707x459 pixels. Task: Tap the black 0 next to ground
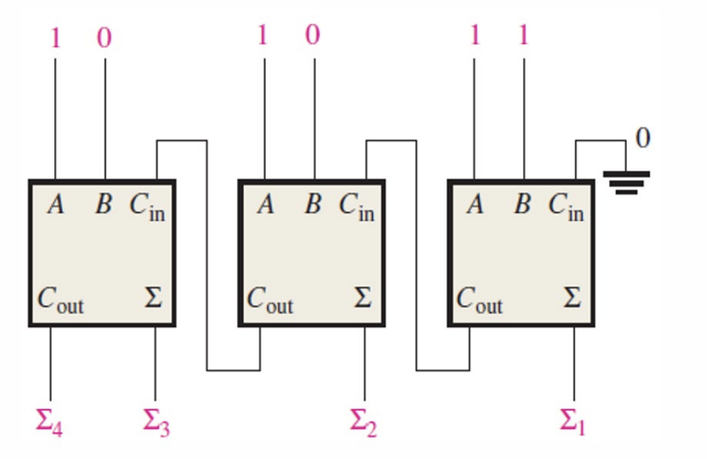click(x=642, y=138)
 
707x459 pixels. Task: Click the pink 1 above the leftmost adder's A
click(x=55, y=37)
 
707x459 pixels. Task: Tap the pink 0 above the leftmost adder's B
click(x=105, y=37)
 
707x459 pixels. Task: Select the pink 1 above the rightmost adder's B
click(x=523, y=35)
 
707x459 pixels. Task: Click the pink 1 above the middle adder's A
click(x=263, y=35)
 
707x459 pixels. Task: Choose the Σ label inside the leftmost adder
click(x=153, y=298)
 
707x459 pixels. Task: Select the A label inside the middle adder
click(x=266, y=206)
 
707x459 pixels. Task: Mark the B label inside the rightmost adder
click(x=522, y=206)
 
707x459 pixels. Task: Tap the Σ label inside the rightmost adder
click(x=572, y=298)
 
